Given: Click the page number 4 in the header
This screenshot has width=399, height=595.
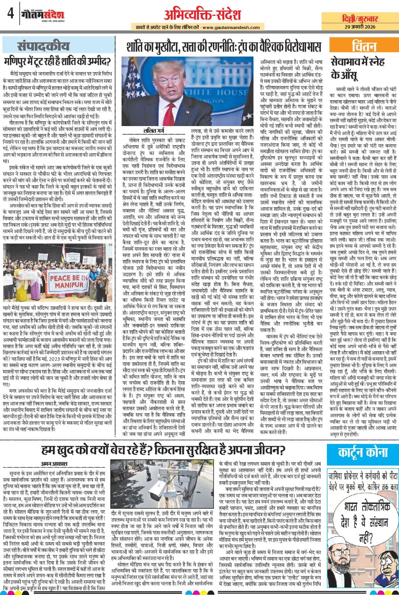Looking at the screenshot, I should point(10,14).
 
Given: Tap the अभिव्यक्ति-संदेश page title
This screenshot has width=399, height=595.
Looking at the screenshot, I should point(202,15).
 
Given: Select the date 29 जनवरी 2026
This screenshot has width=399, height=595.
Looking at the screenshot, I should point(360,26).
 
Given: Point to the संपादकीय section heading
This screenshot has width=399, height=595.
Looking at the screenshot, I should point(43,46).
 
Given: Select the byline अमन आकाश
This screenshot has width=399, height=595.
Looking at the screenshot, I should point(54,464).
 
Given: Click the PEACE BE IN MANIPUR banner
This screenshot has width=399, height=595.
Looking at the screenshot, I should point(68,281).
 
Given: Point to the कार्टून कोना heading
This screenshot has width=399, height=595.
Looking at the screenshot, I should point(363,453).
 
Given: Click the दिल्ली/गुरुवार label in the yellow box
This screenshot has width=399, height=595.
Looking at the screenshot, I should point(360,19).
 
